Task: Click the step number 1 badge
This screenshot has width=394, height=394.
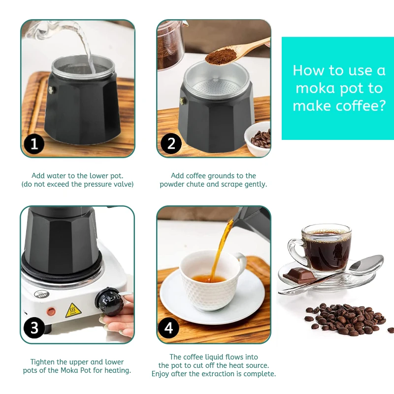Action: [x=34, y=144]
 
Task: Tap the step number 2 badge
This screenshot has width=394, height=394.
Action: [x=171, y=143]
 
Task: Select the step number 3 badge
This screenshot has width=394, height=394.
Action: [x=34, y=328]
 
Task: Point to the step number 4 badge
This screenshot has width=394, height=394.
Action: [x=168, y=328]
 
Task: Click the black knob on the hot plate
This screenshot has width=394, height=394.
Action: [x=109, y=301]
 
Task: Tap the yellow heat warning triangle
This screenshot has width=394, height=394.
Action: [x=73, y=311]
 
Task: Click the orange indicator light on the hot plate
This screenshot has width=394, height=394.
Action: [x=51, y=312]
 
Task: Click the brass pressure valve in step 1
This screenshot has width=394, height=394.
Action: [x=53, y=90]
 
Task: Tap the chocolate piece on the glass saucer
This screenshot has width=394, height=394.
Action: [x=299, y=275]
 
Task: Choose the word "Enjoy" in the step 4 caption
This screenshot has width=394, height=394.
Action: [x=161, y=374]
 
